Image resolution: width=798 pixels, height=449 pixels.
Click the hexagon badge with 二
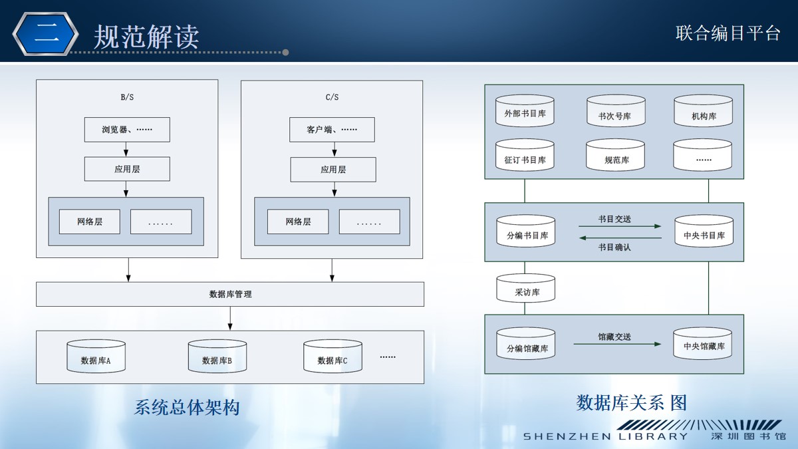point(46,34)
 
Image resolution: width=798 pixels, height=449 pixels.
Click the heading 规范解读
point(146,37)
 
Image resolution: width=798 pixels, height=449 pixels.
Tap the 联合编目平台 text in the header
point(728,33)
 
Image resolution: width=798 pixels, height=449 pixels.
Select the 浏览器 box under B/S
point(127,130)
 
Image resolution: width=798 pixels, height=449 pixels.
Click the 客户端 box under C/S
point(332,130)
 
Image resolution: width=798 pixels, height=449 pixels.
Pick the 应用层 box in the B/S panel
point(127,169)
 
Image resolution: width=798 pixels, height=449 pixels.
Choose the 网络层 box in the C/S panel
point(298,222)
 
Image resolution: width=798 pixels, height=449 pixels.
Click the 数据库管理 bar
point(230,294)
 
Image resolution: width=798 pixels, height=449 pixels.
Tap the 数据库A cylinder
point(96,356)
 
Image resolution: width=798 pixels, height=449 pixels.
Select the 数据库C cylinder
point(332,356)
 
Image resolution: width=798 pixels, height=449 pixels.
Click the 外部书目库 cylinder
point(525,110)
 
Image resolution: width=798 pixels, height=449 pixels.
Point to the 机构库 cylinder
point(704,110)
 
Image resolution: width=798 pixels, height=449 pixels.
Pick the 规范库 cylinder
point(616,154)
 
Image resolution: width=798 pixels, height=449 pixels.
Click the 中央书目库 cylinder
point(704,231)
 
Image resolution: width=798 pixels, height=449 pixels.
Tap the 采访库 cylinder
point(526,288)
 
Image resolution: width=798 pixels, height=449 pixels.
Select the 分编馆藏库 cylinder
point(526,343)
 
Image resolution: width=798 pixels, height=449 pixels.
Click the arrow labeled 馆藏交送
point(617,345)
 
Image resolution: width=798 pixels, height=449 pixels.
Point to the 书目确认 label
point(614,247)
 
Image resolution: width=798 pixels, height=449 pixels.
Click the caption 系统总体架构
point(187,407)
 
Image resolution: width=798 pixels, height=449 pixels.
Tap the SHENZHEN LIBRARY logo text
point(605,436)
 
